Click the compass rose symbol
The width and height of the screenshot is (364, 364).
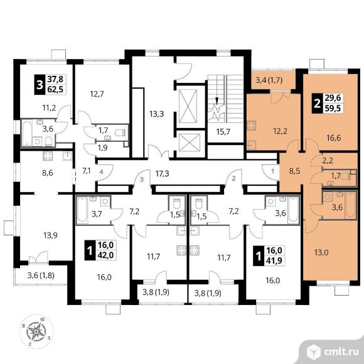pyautogui.click(x=36, y=331)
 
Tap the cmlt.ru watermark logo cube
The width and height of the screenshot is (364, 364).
pyautogui.click(x=313, y=352)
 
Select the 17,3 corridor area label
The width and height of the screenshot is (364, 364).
pyautogui.click(x=162, y=173)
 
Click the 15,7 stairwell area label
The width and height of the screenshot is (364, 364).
pyautogui.click(x=223, y=132)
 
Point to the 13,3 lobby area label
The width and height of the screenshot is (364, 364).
pyautogui.click(x=156, y=114)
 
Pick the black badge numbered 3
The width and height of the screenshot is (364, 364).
pyautogui.click(x=40, y=85)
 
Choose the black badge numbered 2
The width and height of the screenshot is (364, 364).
pyautogui.click(x=317, y=104)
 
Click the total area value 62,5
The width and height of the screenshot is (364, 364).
pyautogui.click(x=55, y=89)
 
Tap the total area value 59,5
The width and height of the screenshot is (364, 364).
pyautogui.click(x=333, y=108)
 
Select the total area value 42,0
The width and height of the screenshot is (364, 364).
pyautogui.click(x=105, y=255)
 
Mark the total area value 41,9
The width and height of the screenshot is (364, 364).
pyautogui.click(x=274, y=260)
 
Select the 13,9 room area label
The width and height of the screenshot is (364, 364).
pyautogui.click(x=50, y=235)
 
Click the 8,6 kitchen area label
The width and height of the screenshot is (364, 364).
pyautogui.click(x=48, y=173)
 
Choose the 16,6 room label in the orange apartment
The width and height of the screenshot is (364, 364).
pyautogui.click(x=334, y=138)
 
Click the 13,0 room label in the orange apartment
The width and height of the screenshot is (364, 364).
pyautogui.click(x=321, y=252)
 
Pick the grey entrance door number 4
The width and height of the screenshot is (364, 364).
pyautogui.click(x=101, y=172)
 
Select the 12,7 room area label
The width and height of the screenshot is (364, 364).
pyautogui.click(x=97, y=94)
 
